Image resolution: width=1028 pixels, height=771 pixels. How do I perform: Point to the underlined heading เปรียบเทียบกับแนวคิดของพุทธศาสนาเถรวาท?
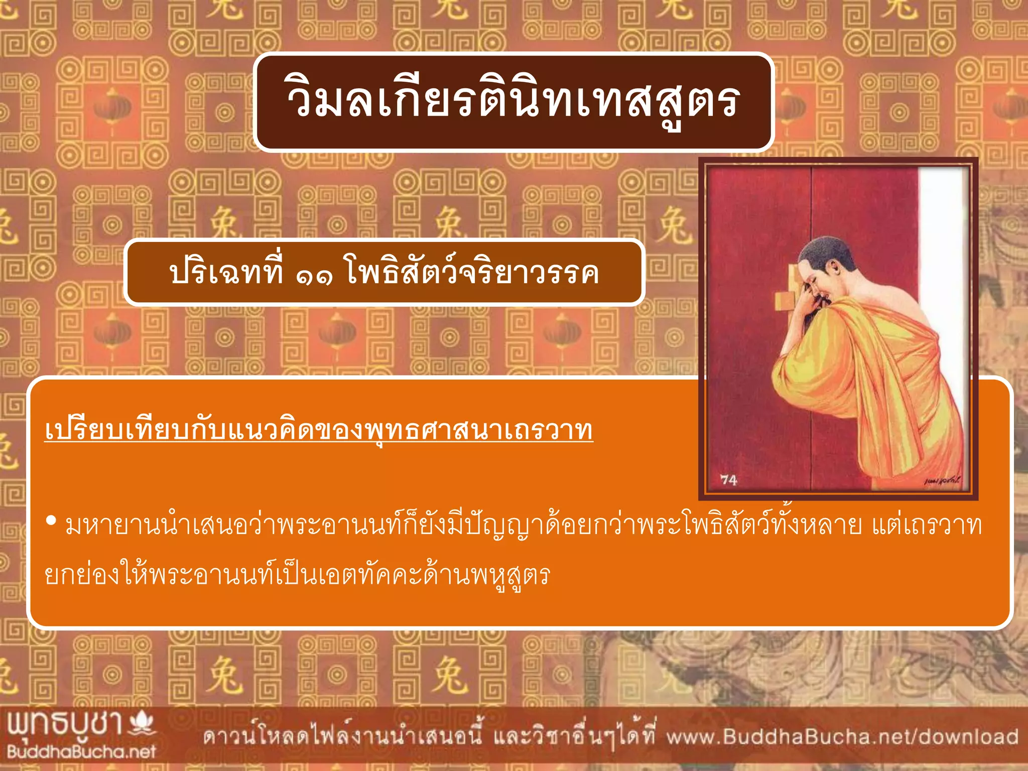pyautogui.click(x=319, y=431)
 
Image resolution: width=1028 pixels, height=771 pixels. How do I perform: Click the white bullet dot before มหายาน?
pyautogui.click(x=51, y=521)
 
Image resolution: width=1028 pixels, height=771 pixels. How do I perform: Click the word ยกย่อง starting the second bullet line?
pyautogui.click(x=83, y=575)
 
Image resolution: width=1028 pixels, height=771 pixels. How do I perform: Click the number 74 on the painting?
pyautogui.click(x=729, y=480)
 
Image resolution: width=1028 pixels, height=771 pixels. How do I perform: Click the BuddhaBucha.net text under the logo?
pyautogui.click(x=81, y=752)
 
